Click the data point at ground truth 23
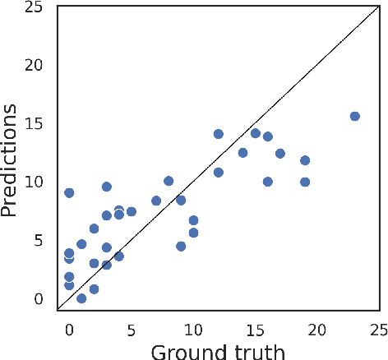click(354, 116)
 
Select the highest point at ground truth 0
click(69, 192)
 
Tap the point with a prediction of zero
click(81, 298)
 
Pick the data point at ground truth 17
click(280, 153)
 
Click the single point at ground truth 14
click(242, 152)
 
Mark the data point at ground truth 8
click(169, 181)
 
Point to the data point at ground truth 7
click(156, 201)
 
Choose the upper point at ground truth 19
click(305, 160)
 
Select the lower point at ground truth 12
click(219, 173)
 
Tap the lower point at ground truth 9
click(181, 246)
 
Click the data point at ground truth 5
click(132, 211)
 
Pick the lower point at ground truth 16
click(268, 182)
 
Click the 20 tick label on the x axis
click(316, 330)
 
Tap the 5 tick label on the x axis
click(132, 330)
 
